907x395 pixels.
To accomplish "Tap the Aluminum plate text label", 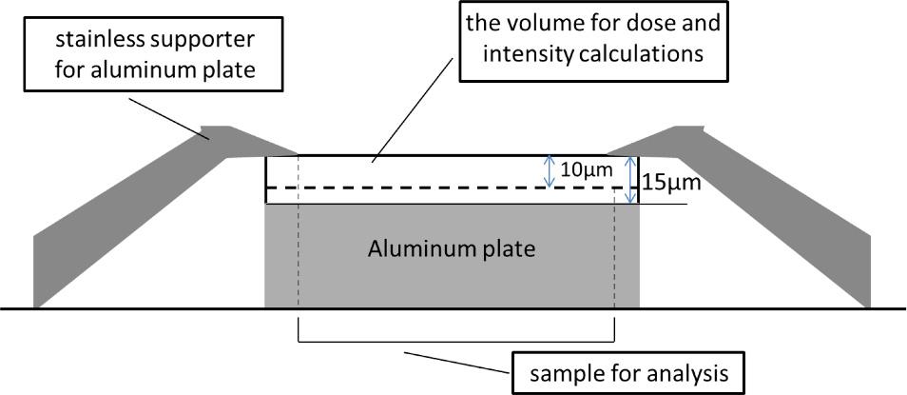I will (452, 250).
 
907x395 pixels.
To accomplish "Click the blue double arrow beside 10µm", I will (548, 171).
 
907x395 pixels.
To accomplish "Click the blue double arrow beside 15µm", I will (630, 180).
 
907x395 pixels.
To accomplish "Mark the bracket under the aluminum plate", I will (456, 340).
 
